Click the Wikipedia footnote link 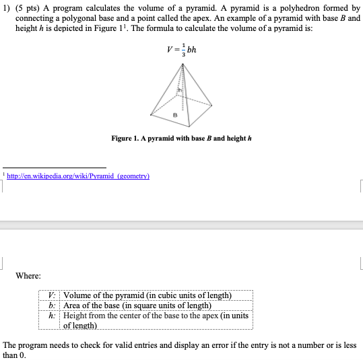(77, 176)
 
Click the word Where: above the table (29, 276)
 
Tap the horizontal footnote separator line (55, 167)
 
